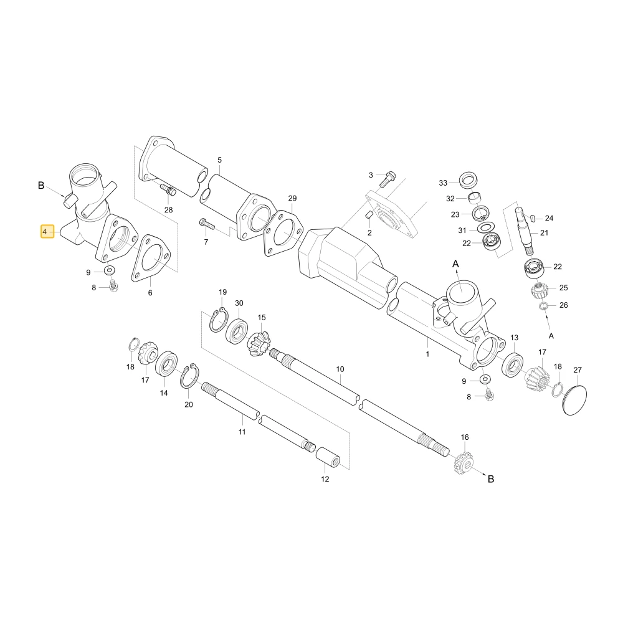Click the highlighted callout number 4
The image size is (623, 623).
(47, 232)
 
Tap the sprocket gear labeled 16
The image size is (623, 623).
(464, 462)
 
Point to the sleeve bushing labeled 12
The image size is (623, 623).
(328, 458)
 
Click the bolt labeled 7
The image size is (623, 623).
(207, 224)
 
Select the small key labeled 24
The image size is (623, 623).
(534, 217)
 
